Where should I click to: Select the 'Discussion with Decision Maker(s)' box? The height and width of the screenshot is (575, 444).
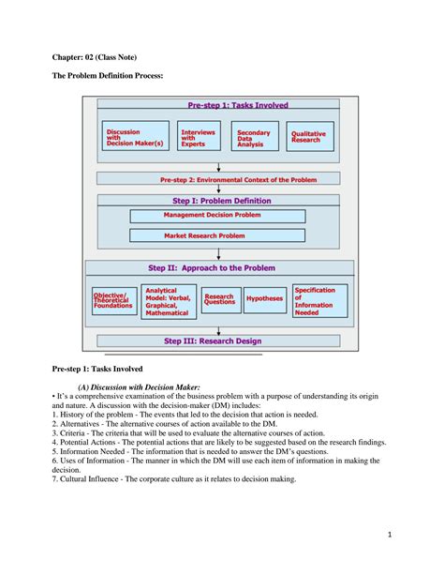click(136, 136)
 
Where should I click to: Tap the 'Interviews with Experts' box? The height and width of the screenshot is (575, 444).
click(200, 136)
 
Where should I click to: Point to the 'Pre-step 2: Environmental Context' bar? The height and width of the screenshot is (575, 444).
click(218, 179)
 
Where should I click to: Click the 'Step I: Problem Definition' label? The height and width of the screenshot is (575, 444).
click(222, 201)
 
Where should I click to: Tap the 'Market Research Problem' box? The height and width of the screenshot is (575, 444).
click(204, 236)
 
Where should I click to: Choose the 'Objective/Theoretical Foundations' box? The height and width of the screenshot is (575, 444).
click(113, 300)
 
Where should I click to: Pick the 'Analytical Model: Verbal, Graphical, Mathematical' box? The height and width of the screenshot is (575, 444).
click(169, 302)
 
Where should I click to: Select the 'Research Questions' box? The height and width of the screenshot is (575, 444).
click(219, 300)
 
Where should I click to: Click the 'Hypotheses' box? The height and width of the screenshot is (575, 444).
click(265, 300)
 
